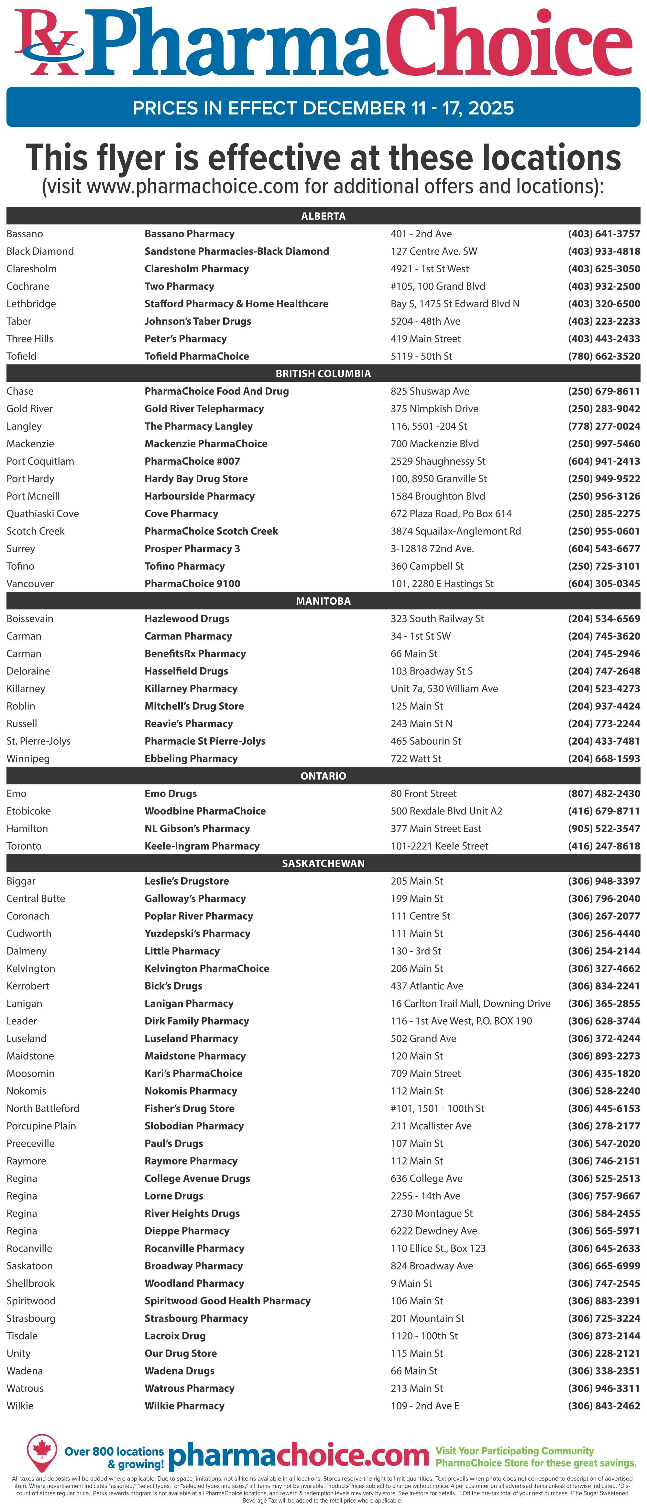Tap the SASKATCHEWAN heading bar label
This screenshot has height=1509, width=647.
click(323, 863)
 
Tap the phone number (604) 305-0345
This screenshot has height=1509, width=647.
click(604, 583)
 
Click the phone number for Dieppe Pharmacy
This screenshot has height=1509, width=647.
click(604, 1231)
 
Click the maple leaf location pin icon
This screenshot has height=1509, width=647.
click(42, 1451)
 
